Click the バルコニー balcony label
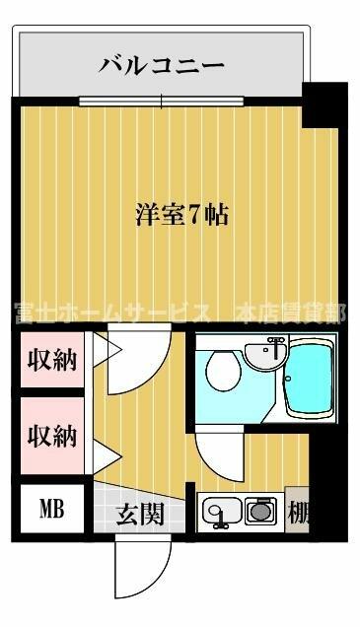pos(161,66)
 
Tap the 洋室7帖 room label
pos(182,215)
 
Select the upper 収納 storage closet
pos(52,360)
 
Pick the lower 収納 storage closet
pos(52,435)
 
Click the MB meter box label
pos(52,509)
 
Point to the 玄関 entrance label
pos(140,514)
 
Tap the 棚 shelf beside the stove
pos(297,510)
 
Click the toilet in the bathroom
pos(224,371)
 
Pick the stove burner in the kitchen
pos(260,511)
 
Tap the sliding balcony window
pos(161,101)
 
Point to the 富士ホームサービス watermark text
pos(113,313)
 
